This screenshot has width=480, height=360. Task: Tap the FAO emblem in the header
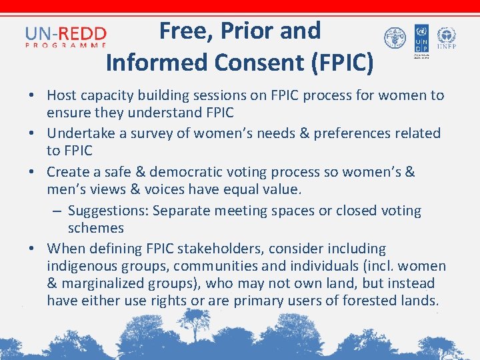[395, 39]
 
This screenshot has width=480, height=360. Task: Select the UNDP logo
[421, 41]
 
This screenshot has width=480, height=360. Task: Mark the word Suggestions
[108, 211]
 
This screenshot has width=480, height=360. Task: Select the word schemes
[95, 228]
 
